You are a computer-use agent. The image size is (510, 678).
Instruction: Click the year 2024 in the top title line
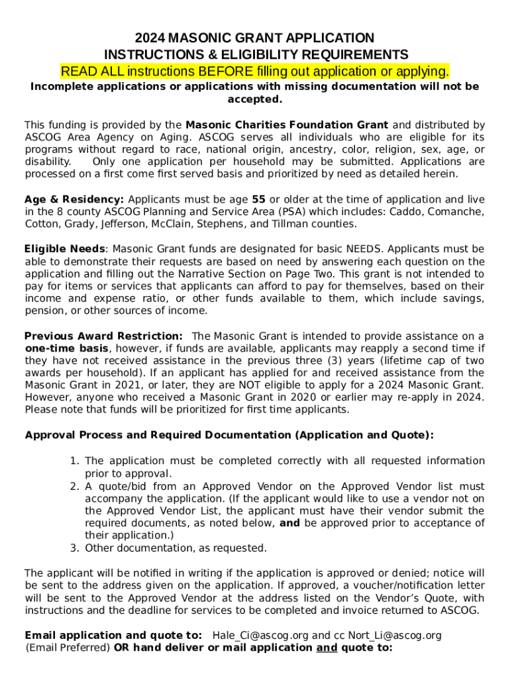coord(150,38)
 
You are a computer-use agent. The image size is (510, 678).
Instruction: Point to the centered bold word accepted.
coord(254,99)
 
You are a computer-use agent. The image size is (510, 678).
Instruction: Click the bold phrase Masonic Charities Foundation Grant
coord(287,125)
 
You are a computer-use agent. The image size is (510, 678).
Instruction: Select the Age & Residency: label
coord(74,199)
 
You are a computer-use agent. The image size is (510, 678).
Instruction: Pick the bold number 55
coord(259,199)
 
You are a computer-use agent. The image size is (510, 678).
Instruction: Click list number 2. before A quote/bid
coord(75,486)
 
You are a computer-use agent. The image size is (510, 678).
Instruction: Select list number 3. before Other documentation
coord(75,548)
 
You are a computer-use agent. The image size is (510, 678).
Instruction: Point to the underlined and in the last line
coord(327,648)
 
